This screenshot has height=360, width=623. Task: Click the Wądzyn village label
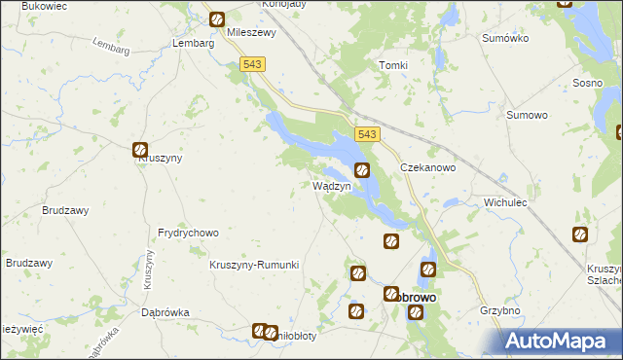click(x=330, y=185)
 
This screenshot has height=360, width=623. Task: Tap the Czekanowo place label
click(x=428, y=167)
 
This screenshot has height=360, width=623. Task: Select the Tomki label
click(x=392, y=65)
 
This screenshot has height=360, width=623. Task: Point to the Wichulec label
click(x=504, y=203)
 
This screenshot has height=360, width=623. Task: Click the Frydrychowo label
click(x=188, y=234)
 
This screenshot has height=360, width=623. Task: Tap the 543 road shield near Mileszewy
click(x=252, y=63)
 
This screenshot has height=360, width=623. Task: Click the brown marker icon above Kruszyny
click(x=140, y=150)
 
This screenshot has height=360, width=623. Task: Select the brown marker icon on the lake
click(x=362, y=170)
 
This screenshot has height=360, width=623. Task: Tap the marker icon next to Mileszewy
click(x=217, y=18)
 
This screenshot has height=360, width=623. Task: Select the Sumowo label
click(x=528, y=115)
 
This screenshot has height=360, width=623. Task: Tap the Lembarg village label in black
click(x=192, y=43)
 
